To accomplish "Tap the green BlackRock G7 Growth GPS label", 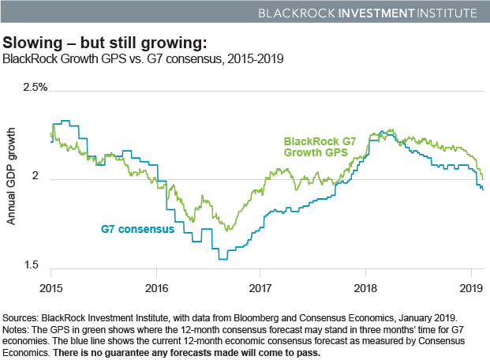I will (x=320, y=148).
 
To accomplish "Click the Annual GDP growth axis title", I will (x=12, y=179).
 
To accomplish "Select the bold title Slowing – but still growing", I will (x=106, y=41).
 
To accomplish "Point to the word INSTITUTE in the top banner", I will (x=443, y=13).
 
